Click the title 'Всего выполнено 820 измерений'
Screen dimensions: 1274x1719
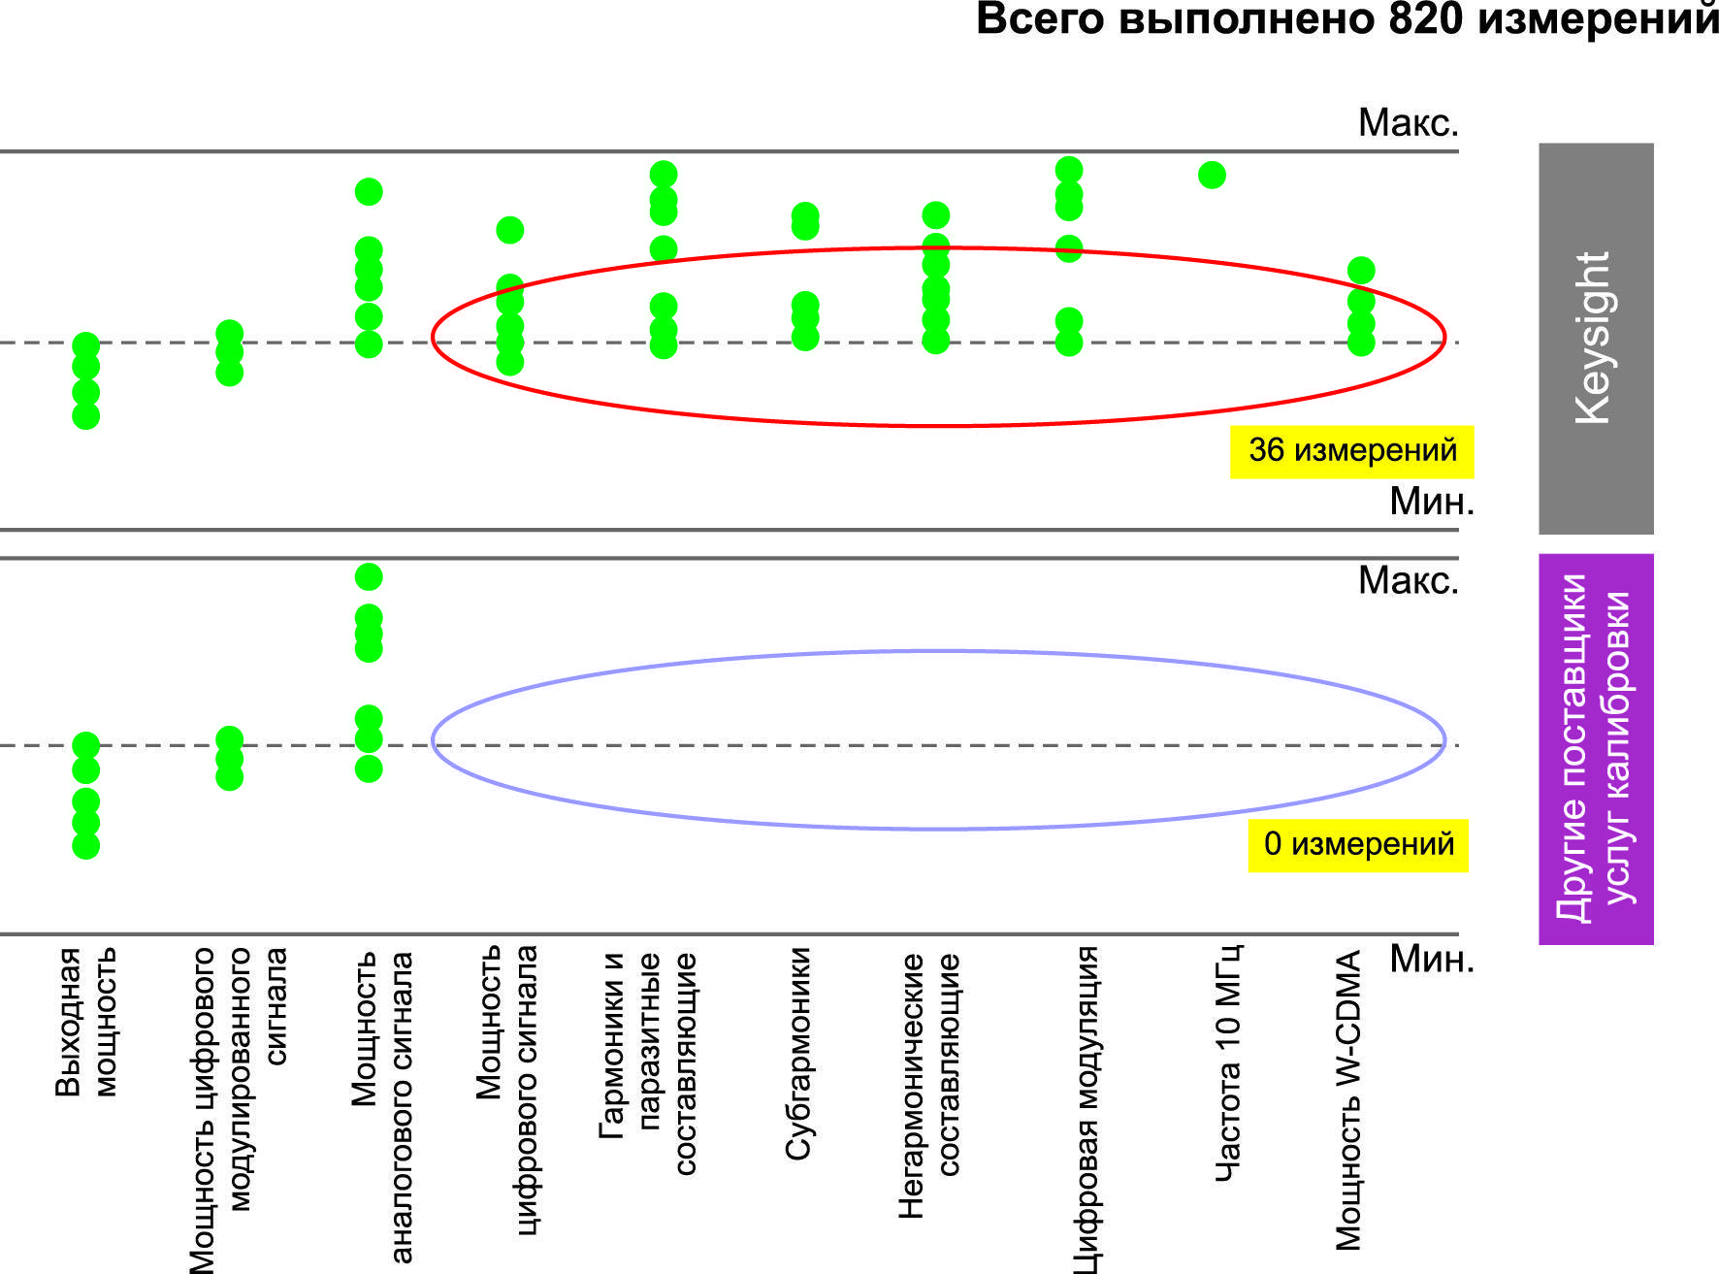tap(1346, 19)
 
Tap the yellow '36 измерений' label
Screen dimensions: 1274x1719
tap(1351, 451)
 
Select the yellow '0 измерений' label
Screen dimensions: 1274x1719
tap(1357, 845)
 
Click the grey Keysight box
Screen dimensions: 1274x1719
tap(1596, 338)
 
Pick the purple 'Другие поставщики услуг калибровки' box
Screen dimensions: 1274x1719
tap(1596, 748)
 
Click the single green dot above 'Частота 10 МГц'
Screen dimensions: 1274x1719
tap(1212, 176)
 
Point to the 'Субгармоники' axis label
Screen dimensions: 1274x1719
tap(797, 1053)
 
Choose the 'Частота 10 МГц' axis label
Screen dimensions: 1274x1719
tap(1228, 1062)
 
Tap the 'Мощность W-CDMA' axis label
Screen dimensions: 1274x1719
tap(1348, 1099)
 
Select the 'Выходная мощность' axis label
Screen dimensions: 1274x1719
tap(85, 1022)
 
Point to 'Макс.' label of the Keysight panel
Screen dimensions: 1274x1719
tap(1408, 123)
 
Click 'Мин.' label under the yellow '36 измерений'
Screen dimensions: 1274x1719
tap(1431, 502)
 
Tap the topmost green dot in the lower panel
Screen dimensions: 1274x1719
tap(369, 577)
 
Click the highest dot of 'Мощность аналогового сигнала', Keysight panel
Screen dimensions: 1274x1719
tap(369, 192)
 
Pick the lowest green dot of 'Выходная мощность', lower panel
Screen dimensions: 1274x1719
tap(86, 845)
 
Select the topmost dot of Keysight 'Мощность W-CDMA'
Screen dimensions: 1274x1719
tap(1361, 271)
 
